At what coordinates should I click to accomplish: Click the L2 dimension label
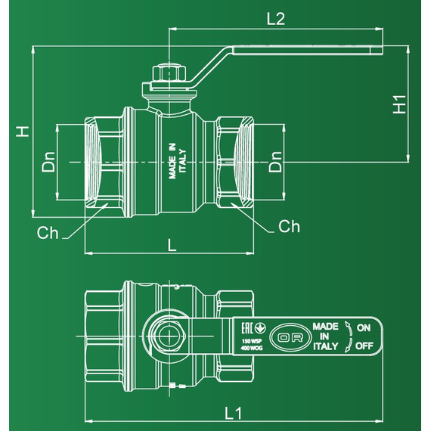click(x=276, y=20)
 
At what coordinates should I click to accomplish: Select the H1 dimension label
click(x=401, y=104)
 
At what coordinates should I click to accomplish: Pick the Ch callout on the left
click(x=48, y=233)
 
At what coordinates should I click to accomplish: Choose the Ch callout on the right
click(x=289, y=226)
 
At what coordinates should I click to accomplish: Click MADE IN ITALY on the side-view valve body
click(x=176, y=162)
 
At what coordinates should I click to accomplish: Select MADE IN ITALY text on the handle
click(x=324, y=336)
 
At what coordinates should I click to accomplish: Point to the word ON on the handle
click(x=364, y=327)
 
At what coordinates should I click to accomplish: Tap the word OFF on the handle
click(x=364, y=346)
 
